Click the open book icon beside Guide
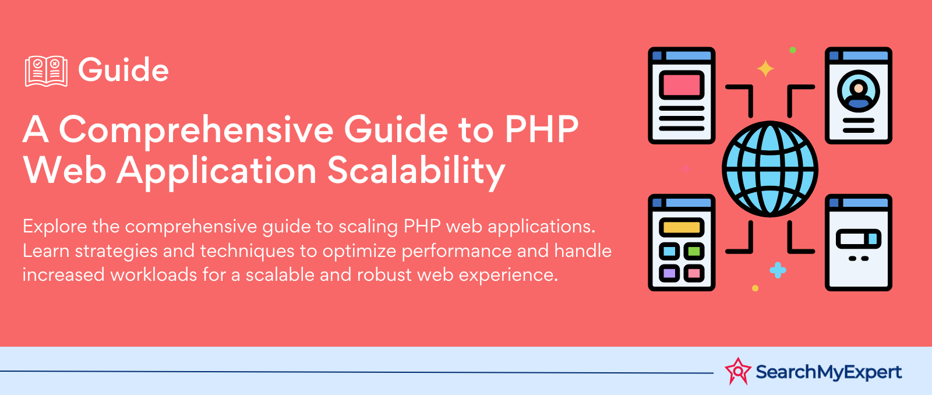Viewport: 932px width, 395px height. tap(46, 71)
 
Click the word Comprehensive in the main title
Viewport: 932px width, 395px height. tap(196, 131)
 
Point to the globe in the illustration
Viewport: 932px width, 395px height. tap(769, 169)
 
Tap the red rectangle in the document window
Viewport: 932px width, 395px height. tap(682, 85)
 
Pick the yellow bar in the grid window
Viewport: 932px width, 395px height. tap(682, 227)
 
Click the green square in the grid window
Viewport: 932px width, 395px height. tap(694, 252)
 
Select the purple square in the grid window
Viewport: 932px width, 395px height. tap(669, 273)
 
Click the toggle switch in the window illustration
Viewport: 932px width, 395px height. tap(859, 239)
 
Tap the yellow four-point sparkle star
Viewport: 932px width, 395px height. tap(765, 69)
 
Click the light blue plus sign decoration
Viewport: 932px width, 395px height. tap(778, 270)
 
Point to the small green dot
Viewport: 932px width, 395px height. tap(793, 50)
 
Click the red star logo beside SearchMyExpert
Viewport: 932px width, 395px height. tap(737, 371)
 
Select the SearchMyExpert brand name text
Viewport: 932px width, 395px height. tap(829, 372)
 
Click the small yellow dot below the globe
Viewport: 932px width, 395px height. tap(755, 288)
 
